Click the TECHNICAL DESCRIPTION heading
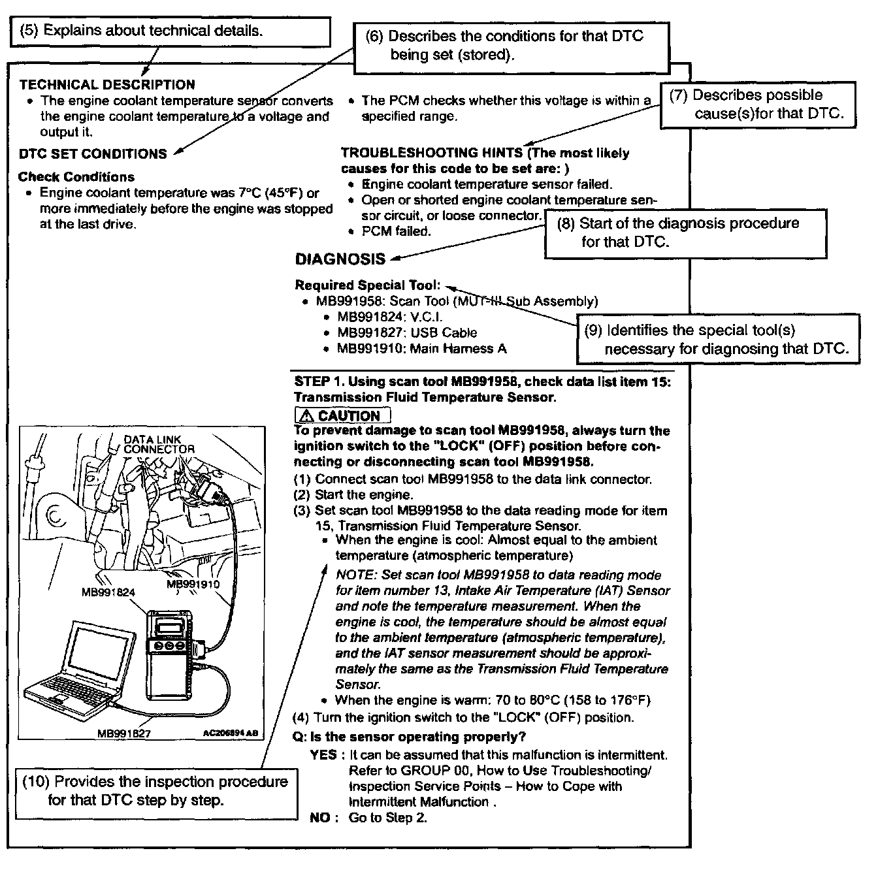(x=107, y=85)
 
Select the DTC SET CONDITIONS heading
(x=93, y=154)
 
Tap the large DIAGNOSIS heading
(x=340, y=259)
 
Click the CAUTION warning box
(x=343, y=415)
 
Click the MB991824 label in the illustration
(x=108, y=592)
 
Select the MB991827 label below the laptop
(x=124, y=733)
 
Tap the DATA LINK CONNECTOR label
(x=159, y=444)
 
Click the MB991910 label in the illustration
(x=193, y=584)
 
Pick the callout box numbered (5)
(x=169, y=31)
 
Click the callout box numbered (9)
(x=716, y=340)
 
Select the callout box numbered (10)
(x=154, y=791)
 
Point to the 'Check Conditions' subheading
(x=76, y=177)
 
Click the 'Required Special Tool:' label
(x=368, y=285)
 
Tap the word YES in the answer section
(x=323, y=755)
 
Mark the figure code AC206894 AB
(x=231, y=733)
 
